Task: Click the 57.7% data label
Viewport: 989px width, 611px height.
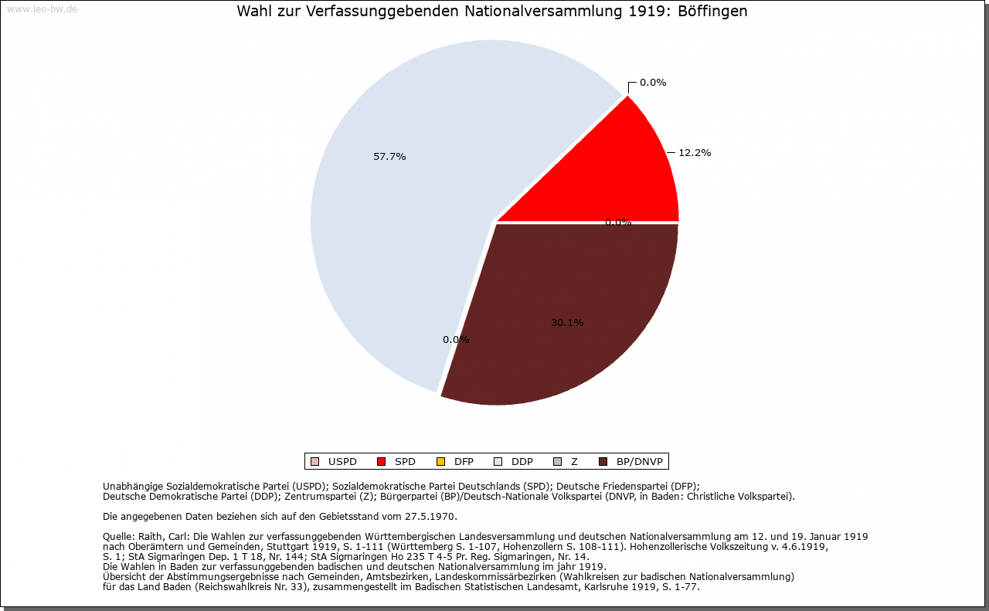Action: click(x=389, y=157)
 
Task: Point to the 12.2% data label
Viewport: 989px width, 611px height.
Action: click(x=695, y=153)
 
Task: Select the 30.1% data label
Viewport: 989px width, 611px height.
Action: click(x=567, y=323)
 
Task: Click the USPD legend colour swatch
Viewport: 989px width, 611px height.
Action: click(x=314, y=462)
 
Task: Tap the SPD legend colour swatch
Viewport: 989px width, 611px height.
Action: click(x=381, y=462)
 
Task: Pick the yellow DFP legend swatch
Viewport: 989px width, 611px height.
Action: click(x=440, y=462)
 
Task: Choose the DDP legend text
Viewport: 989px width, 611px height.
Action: click(x=522, y=462)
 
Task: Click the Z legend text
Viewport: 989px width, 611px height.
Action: click(x=574, y=462)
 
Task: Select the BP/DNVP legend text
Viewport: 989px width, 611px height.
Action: click(x=639, y=462)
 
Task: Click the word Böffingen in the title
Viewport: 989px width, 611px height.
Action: click(x=715, y=12)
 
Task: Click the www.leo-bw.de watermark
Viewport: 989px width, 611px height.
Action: click(x=42, y=9)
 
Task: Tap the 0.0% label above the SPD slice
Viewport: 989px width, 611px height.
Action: click(x=653, y=83)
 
